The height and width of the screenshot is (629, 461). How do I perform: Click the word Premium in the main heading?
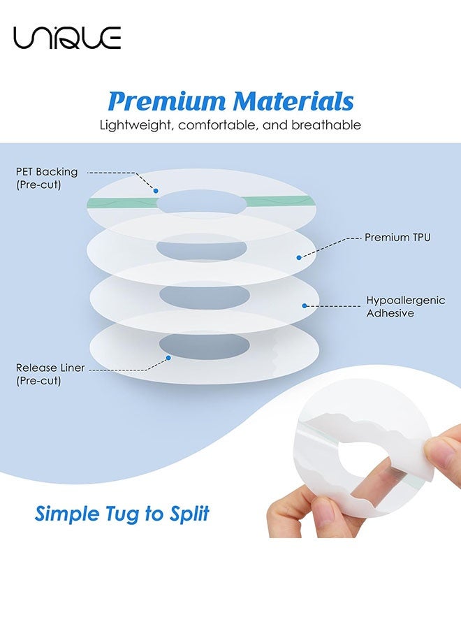pos(167,101)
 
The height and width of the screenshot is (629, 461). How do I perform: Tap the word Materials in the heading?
pos(293,101)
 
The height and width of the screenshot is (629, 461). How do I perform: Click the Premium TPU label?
pos(397,238)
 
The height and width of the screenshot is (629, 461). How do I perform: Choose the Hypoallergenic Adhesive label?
pos(395,307)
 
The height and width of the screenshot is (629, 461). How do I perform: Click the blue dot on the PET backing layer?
pos(156,190)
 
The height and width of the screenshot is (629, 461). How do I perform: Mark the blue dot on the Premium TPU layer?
pos(299,257)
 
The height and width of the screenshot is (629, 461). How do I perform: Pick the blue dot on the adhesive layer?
pos(305,305)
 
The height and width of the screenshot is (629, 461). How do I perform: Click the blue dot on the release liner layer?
pos(169,359)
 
